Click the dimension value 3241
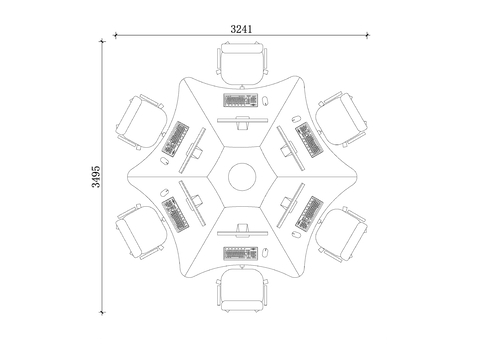click(x=241, y=29)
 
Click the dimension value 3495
click(x=96, y=177)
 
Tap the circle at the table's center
click(x=242, y=177)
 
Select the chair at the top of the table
click(x=242, y=63)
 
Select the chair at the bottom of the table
click(x=242, y=290)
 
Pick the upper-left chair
click(x=141, y=121)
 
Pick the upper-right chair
click(x=342, y=119)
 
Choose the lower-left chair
click(x=141, y=232)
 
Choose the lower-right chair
click(x=342, y=234)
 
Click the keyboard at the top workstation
click(x=241, y=100)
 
